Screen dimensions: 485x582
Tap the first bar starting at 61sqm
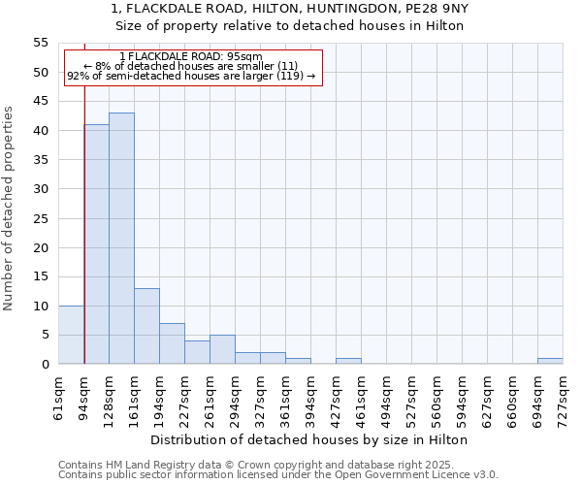pyautogui.click(x=71, y=335)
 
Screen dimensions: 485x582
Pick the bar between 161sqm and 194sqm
pyautogui.click(x=146, y=326)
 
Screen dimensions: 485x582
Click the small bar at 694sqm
pyautogui.click(x=550, y=361)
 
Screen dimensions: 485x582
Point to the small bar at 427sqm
pyautogui.click(x=348, y=361)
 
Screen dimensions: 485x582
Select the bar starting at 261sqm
pyautogui.click(x=222, y=349)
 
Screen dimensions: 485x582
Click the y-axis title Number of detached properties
pyautogui.click(x=10, y=209)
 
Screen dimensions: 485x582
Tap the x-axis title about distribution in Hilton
pyautogui.click(x=309, y=439)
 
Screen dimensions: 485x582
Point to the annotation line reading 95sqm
pyautogui.click(x=191, y=56)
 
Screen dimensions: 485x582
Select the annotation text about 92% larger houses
pyautogui.click(x=191, y=76)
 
